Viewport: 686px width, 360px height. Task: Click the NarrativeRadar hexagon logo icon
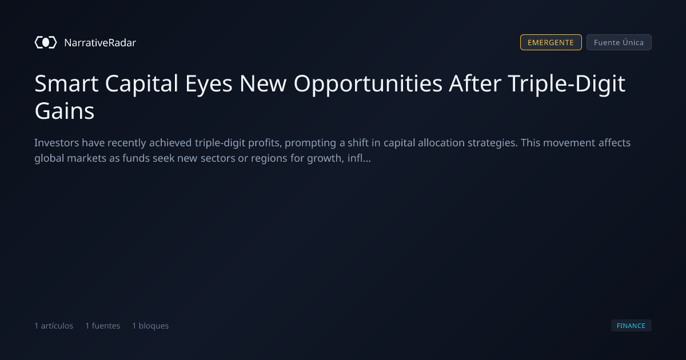(x=46, y=42)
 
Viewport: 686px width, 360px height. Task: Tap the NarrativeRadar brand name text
(x=100, y=43)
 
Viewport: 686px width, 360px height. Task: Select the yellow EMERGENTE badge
(x=551, y=42)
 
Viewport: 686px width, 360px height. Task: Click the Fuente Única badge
(x=619, y=42)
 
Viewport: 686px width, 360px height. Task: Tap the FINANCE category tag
(x=631, y=325)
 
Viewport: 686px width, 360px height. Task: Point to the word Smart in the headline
(x=66, y=83)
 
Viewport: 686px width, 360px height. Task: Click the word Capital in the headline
(x=142, y=84)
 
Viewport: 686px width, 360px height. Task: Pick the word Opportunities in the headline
(x=368, y=84)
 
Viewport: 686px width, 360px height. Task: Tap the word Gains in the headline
(x=65, y=111)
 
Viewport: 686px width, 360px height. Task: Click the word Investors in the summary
(x=57, y=143)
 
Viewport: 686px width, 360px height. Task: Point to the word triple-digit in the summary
(x=220, y=143)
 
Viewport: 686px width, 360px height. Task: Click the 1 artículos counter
(x=54, y=326)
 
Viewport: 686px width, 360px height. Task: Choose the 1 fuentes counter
(x=103, y=326)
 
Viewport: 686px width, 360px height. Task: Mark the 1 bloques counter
(x=150, y=326)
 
